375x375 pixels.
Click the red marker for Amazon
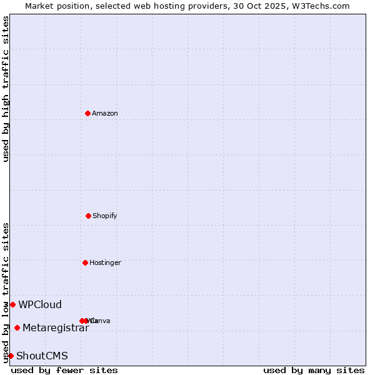pyautogui.click(x=87, y=113)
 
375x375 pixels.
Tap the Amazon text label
pyautogui.click(x=104, y=113)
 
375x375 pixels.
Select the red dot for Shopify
pyautogui.click(x=88, y=216)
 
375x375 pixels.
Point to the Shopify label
pyautogui.click(x=104, y=216)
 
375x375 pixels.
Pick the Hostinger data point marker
pyautogui.click(x=85, y=262)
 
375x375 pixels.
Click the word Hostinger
pyautogui.click(x=104, y=262)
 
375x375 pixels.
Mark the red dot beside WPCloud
pyautogui.click(x=12, y=304)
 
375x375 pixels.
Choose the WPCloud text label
pyautogui.click(x=40, y=304)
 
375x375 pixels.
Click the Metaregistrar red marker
pyautogui.click(x=17, y=327)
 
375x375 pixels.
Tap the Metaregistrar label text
pyautogui.click(x=56, y=327)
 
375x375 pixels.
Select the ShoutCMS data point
pyautogui.click(x=11, y=356)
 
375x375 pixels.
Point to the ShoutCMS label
pyautogui.click(x=42, y=356)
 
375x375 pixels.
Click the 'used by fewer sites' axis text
pyautogui.click(x=64, y=370)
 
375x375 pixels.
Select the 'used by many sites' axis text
pyautogui.click(x=314, y=370)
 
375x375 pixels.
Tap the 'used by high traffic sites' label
pyautogui.click(x=6, y=89)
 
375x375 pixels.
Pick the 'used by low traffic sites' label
pyautogui.click(x=6, y=292)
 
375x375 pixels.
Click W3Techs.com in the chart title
pyautogui.click(x=323, y=6)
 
